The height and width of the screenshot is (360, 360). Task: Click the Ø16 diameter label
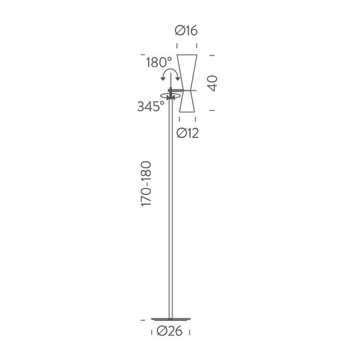(187, 31)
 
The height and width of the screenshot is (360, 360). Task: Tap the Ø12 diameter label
(187, 133)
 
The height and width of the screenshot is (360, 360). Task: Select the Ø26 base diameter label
(170, 332)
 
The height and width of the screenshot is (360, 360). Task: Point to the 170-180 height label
(147, 184)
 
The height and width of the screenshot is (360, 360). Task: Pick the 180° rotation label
(158, 63)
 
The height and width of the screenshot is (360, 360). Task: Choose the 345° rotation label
(151, 107)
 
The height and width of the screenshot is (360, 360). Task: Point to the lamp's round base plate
(171, 319)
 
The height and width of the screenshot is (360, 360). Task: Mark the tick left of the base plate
(143, 319)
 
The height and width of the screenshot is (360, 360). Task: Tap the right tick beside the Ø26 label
(189, 332)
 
